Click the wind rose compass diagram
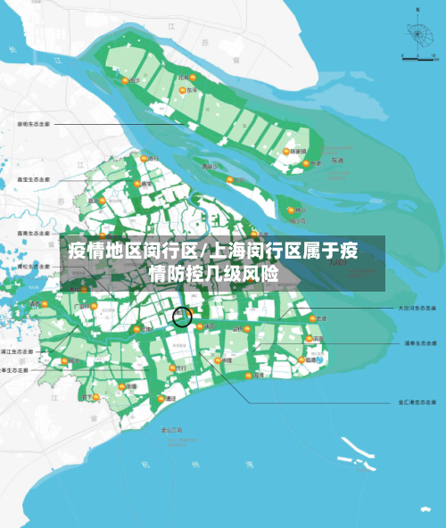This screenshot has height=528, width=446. [x=414, y=35]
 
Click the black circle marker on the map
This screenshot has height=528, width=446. [x=183, y=316]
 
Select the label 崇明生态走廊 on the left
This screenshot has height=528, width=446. [x=33, y=124]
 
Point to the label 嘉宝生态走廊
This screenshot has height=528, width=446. [x=33, y=178]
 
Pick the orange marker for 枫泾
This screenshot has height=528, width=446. [x=64, y=361]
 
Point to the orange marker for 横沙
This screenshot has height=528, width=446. [x=291, y=211]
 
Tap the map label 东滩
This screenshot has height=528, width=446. [x=336, y=161]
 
